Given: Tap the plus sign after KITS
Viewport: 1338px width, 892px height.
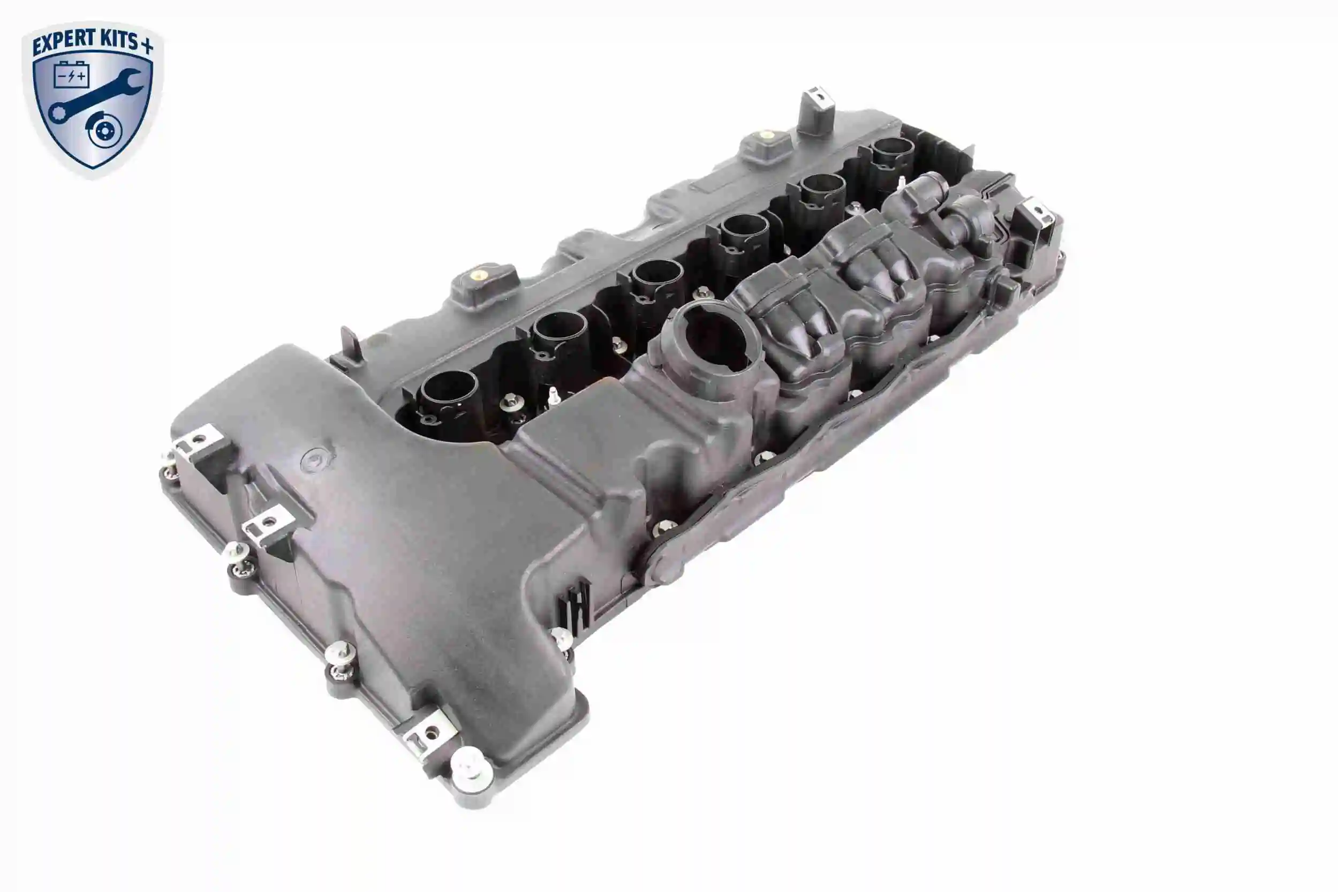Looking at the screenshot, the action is click(x=147, y=45).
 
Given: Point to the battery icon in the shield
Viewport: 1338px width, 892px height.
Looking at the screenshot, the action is click(x=71, y=74).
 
